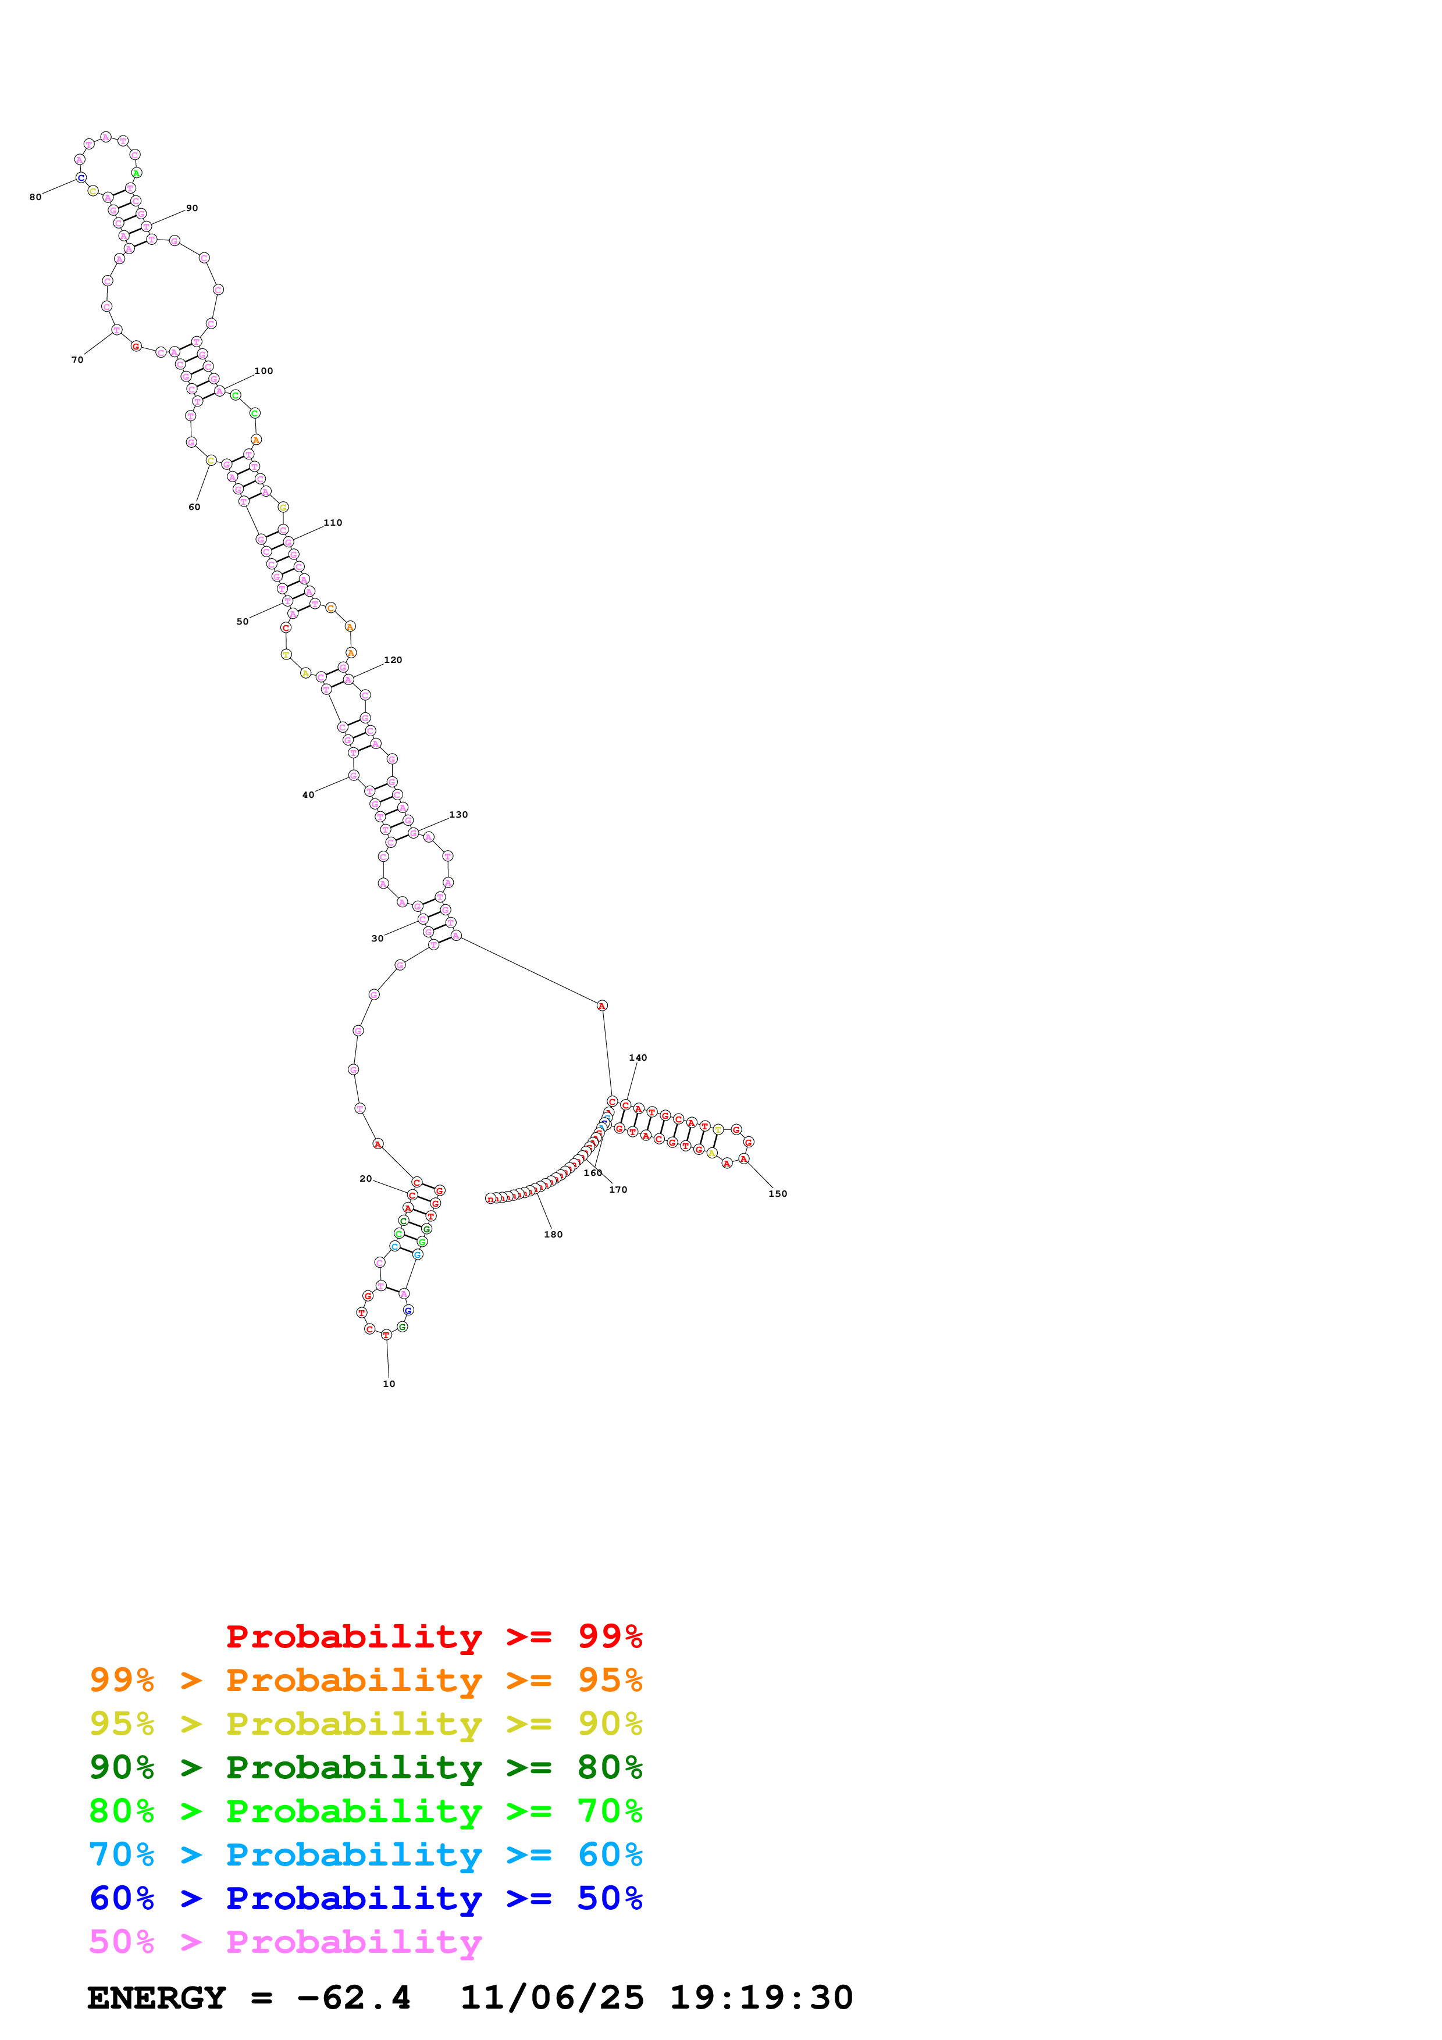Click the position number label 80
(x=35, y=197)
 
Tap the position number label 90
(x=192, y=209)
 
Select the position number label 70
(x=77, y=360)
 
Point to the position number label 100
(x=264, y=372)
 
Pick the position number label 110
(x=333, y=523)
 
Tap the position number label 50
(x=243, y=622)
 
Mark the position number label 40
(x=308, y=795)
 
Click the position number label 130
(x=458, y=815)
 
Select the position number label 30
(x=378, y=938)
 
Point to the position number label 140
(x=638, y=1058)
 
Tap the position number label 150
(x=777, y=1194)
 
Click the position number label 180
(x=554, y=1235)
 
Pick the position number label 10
(x=389, y=1384)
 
